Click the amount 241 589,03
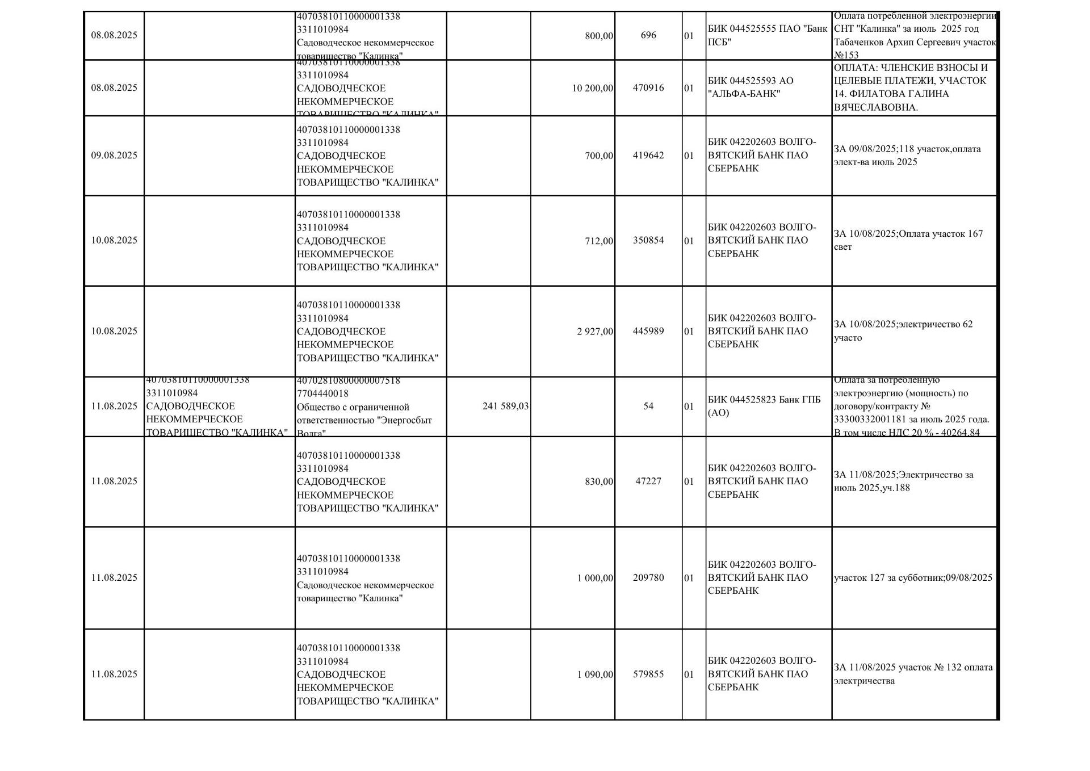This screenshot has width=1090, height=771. coord(505,407)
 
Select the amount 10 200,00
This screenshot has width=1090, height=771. coord(593,88)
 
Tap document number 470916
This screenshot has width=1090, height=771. coord(648,88)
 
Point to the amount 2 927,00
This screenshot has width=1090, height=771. coord(595,332)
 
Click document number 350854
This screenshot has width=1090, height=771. coord(648,240)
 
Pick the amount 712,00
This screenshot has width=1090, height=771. coord(599,241)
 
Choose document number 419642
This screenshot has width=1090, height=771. coord(648,156)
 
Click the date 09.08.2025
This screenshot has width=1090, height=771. coord(114,156)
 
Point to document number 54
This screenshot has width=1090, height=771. coord(648,407)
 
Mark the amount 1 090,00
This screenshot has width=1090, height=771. coord(595,674)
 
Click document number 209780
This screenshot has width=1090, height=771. coord(648,578)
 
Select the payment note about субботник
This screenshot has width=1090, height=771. coord(913,578)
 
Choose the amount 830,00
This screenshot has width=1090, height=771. coord(599,481)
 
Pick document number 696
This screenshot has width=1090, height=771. coord(648,35)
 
